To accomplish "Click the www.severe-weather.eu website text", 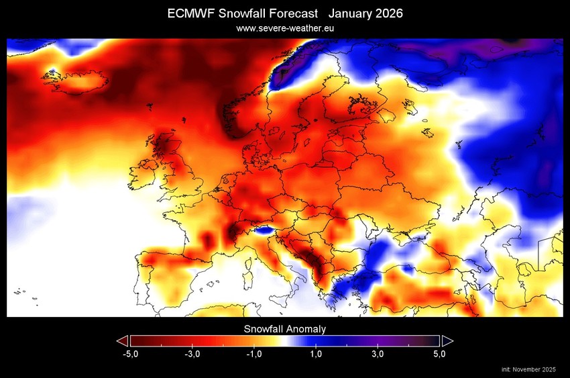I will pos(285,28).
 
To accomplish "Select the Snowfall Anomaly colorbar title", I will pos(285,329).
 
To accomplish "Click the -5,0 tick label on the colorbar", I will pos(130,354).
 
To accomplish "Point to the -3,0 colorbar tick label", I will pos(192,354).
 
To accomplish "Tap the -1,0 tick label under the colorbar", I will pos(253,354).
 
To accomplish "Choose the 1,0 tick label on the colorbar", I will pos(316,354).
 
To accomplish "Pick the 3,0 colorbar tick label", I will pos(378,354).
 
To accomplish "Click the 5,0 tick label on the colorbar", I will pos(439,354).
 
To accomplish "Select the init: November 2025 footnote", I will pos(530,370).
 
